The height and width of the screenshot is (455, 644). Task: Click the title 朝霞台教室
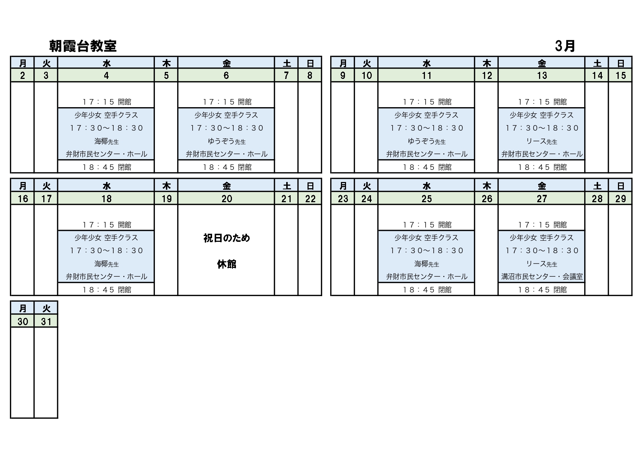pyautogui.click(x=83, y=46)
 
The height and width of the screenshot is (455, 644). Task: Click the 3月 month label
pyautogui.click(x=565, y=46)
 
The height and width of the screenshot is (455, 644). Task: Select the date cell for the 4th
pyautogui.click(x=106, y=76)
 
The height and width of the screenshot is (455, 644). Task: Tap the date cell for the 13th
pyautogui.click(x=542, y=76)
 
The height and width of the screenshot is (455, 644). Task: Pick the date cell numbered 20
pyautogui.click(x=226, y=199)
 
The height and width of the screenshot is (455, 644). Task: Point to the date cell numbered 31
pyautogui.click(x=46, y=321)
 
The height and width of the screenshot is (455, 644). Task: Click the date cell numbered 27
pyautogui.click(x=542, y=199)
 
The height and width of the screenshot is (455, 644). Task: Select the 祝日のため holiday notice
pyautogui.click(x=226, y=238)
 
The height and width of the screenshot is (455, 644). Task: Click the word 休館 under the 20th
pyautogui.click(x=226, y=264)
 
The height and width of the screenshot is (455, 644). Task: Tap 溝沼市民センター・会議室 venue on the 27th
pyautogui.click(x=542, y=277)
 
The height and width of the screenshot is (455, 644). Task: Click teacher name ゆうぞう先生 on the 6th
pyautogui.click(x=226, y=141)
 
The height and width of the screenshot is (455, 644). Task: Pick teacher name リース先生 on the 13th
pyautogui.click(x=542, y=141)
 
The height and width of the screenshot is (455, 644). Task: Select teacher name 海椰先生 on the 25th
pyautogui.click(x=426, y=264)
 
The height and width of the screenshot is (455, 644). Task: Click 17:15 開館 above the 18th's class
pyautogui.click(x=106, y=225)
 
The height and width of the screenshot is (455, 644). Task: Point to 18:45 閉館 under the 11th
pyautogui.click(x=426, y=167)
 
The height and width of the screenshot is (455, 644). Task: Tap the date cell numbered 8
pyautogui.click(x=310, y=76)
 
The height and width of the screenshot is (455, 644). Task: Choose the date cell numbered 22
pyautogui.click(x=310, y=199)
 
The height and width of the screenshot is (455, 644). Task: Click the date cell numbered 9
pyautogui.click(x=343, y=76)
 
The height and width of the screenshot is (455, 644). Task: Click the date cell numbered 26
pyautogui.click(x=487, y=199)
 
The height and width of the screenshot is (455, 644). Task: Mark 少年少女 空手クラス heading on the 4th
pyautogui.click(x=106, y=115)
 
